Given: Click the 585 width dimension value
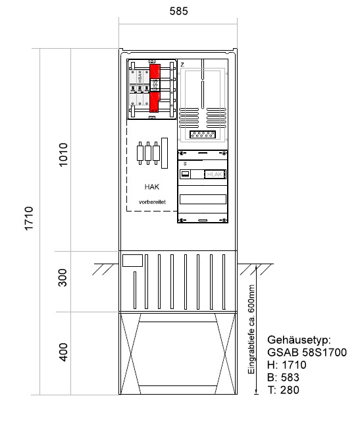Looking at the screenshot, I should point(177,11).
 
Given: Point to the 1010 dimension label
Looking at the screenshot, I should point(64,154).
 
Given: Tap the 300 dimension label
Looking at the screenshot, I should point(64,281).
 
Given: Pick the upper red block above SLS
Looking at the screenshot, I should point(155,71).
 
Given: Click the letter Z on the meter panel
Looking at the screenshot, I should point(182,64).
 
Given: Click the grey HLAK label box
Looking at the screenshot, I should point(215,174).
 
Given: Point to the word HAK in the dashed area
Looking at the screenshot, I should point(151,187).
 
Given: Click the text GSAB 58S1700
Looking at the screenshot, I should point(307,353).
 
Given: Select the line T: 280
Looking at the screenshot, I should point(284,391).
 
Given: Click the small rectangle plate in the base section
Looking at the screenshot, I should point(132,260).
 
